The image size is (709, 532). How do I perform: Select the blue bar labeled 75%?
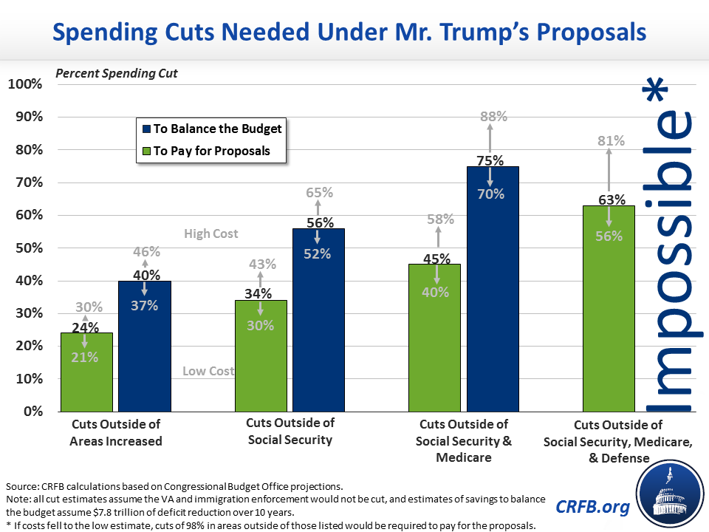pyautogui.click(x=493, y=296)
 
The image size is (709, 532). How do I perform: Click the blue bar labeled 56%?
pyautogui.click(x=318, y=325)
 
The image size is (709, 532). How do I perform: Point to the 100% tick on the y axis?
pyautogui.click(x=25, y=84)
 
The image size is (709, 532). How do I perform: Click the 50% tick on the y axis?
pyautogui.click(x=28, y=248)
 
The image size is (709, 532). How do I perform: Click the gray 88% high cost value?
pyautogui.click(x=493, y=116)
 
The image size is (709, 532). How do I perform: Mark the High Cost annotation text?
pyautogui.click(x=211, y=234)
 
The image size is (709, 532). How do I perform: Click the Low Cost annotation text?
pyautogui.click(x=208, y=371)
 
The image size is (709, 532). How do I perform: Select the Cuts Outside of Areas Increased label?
pyautogui.click(x=116, y=433)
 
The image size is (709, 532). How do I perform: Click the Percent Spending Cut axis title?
pyautogui.click(x=117, y=74)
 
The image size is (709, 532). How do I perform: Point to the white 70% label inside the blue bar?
pyautogui.click(x=490, y=194)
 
